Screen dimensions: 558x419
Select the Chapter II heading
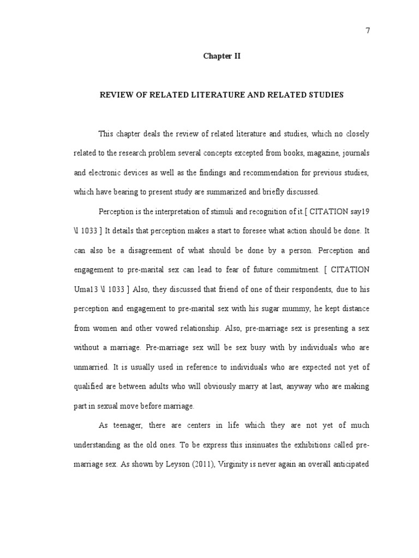pyautogui.click(x=221, y=56)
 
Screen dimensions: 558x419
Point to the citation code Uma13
pyautogui.click(x=85, y=289)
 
